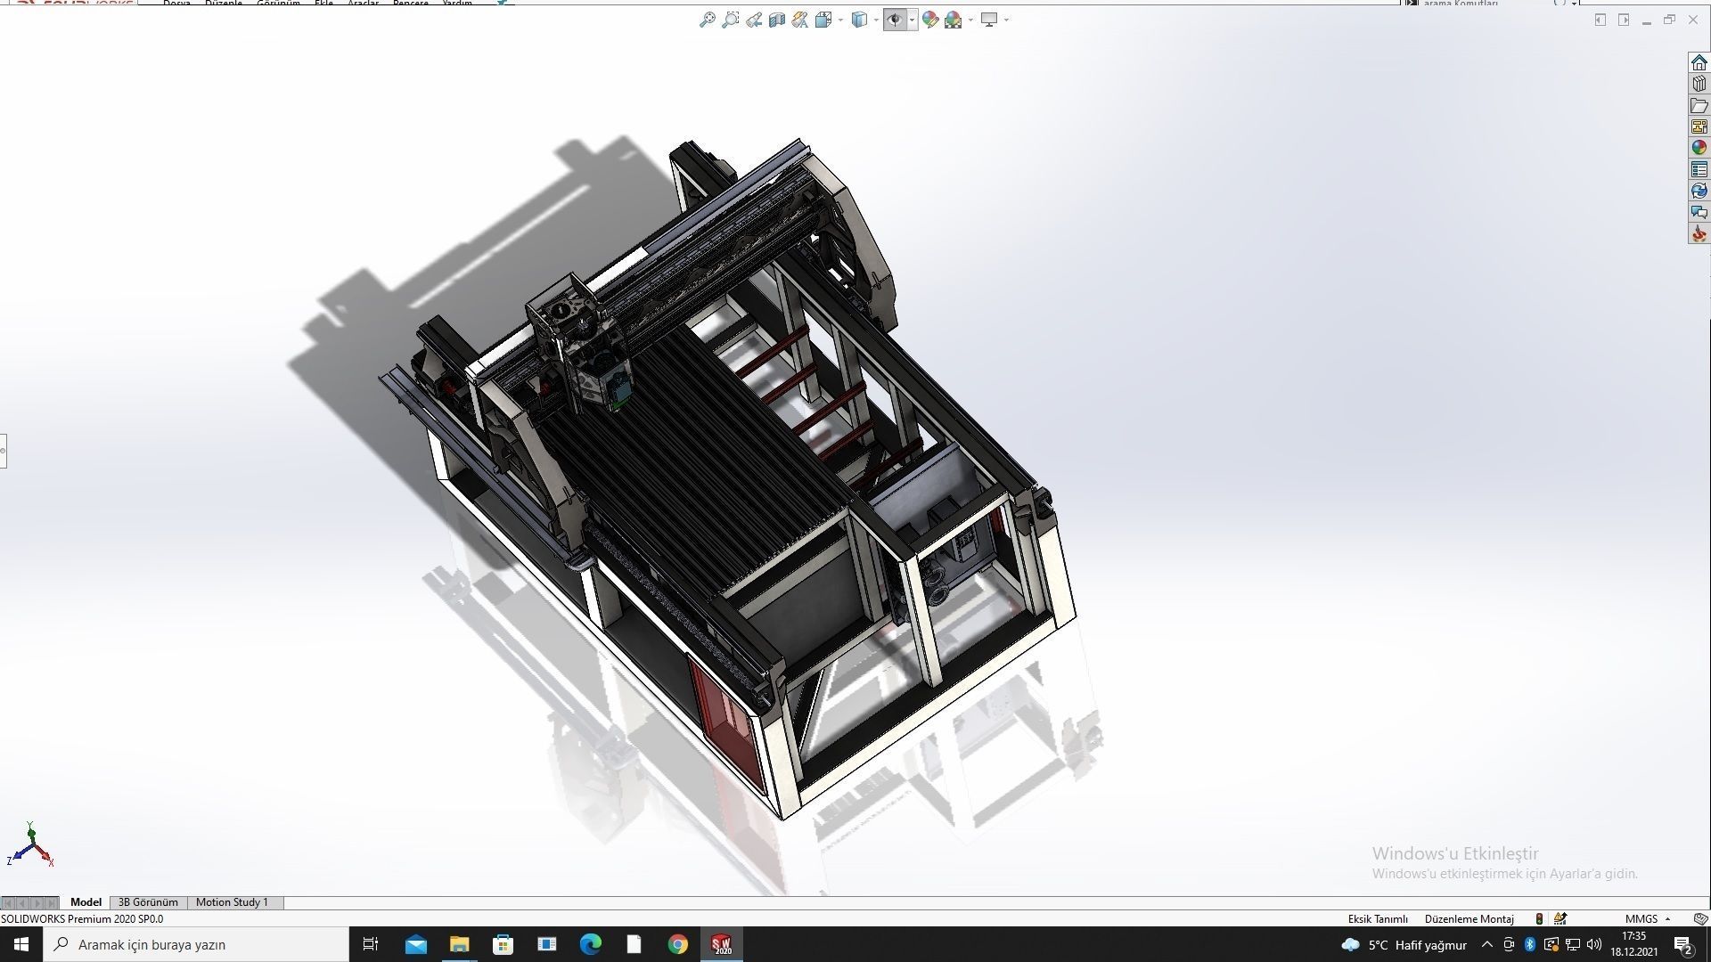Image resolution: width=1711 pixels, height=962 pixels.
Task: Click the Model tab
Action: (x=86, y=902)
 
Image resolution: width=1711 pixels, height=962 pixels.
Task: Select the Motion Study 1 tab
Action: (x=232, y=902)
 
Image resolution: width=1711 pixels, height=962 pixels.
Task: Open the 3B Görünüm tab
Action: (x=148, y=902)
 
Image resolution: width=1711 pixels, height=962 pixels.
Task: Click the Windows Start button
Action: (x=21, y=944)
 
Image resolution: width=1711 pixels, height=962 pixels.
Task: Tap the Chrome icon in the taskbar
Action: (x=678, y=944)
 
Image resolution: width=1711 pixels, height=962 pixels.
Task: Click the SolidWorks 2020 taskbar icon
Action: (x=722, y=944)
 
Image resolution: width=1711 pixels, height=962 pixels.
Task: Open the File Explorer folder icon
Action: (x=459, y=944)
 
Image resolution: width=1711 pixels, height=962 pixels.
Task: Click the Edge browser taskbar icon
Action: (x=590, y=944)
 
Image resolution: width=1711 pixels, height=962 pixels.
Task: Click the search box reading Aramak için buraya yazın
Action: (x=196, y=944)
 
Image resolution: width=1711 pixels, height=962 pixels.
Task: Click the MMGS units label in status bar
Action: (x=1641, y=918)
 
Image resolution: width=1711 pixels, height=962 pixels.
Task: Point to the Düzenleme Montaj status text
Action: (x=1469, y=918)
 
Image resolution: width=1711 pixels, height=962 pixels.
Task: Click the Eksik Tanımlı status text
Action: (x=1378, y=918)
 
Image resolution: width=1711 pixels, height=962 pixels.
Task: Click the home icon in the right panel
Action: (x=1699, y=62)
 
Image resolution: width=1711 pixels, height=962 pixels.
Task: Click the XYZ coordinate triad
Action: (x=31, y=847)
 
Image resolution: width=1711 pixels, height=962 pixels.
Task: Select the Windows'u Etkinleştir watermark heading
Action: (x=1455, y=853)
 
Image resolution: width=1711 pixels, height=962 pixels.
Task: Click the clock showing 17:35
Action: (x=1633, y=936)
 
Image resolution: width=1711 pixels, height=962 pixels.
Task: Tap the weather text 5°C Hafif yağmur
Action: (x=1417, y=945)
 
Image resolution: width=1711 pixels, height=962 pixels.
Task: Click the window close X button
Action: (x=1692, y=20)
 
